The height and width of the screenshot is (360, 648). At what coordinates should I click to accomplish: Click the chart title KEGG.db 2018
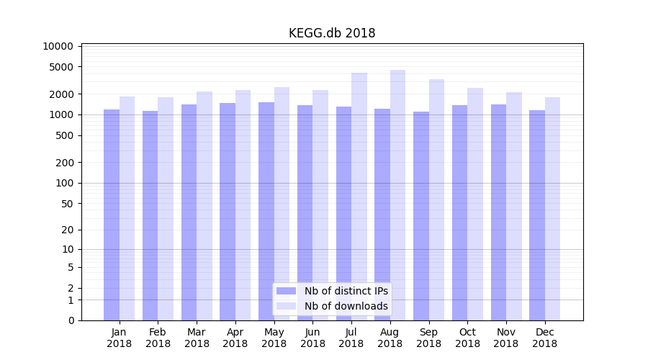pos(332,33)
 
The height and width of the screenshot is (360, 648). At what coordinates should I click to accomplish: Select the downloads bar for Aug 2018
pos(397,194)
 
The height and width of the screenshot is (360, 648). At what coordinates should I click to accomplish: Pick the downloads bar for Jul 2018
pos(359,196)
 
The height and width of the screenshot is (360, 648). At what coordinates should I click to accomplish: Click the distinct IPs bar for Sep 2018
pos(421,216)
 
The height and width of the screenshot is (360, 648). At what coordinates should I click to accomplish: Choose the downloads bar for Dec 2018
pos(552,209)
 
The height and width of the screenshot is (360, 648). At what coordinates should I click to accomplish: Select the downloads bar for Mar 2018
pos(204,206)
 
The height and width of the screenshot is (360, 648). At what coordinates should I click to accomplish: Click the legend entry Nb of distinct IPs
pos(346,291)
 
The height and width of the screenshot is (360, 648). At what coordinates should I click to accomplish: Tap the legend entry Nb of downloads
pos(346,306)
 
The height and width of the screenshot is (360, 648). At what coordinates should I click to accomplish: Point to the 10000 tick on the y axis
pos(58,46)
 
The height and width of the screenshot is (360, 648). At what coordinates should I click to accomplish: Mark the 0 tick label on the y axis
pos(71,320)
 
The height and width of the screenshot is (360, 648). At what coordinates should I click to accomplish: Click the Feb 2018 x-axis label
pos(158,338)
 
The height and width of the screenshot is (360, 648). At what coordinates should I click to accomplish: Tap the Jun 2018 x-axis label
pos(312,338)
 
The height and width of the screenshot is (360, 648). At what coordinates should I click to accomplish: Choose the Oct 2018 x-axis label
pos(467,338)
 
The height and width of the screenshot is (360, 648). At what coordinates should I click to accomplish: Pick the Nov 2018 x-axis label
pos(506,338)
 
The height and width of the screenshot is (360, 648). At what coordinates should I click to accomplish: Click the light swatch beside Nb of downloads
pos(287,306)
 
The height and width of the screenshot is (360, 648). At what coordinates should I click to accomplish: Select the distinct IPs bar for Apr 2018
pos(228,212)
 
